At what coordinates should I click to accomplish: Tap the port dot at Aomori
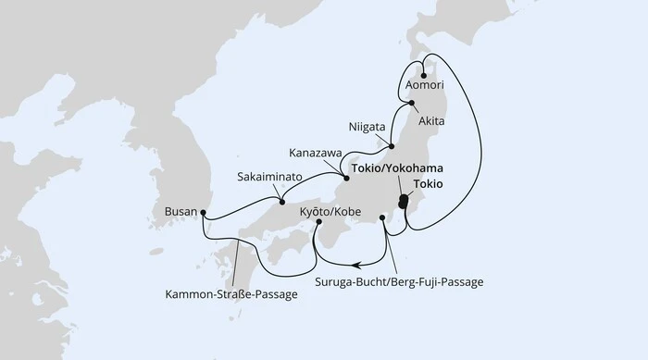tap(424, 77)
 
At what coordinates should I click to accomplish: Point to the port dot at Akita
tap(412, 105)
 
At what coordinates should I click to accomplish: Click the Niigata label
tap(368, 126)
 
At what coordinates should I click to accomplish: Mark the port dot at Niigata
tap(393, 146)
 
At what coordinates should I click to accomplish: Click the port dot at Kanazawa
tap(346, 177)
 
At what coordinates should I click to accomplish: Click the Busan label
tap(181, 212)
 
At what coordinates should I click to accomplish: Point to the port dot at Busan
tap(204, 217)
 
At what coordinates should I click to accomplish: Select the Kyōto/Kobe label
tap(326, 212)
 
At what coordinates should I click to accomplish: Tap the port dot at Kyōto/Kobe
tap(318, 222)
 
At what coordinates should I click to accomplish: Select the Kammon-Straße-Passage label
tap(231, 295)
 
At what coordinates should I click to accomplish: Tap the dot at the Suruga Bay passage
tap(382, 218)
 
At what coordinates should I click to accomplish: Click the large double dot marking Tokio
tap(403, 201)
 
